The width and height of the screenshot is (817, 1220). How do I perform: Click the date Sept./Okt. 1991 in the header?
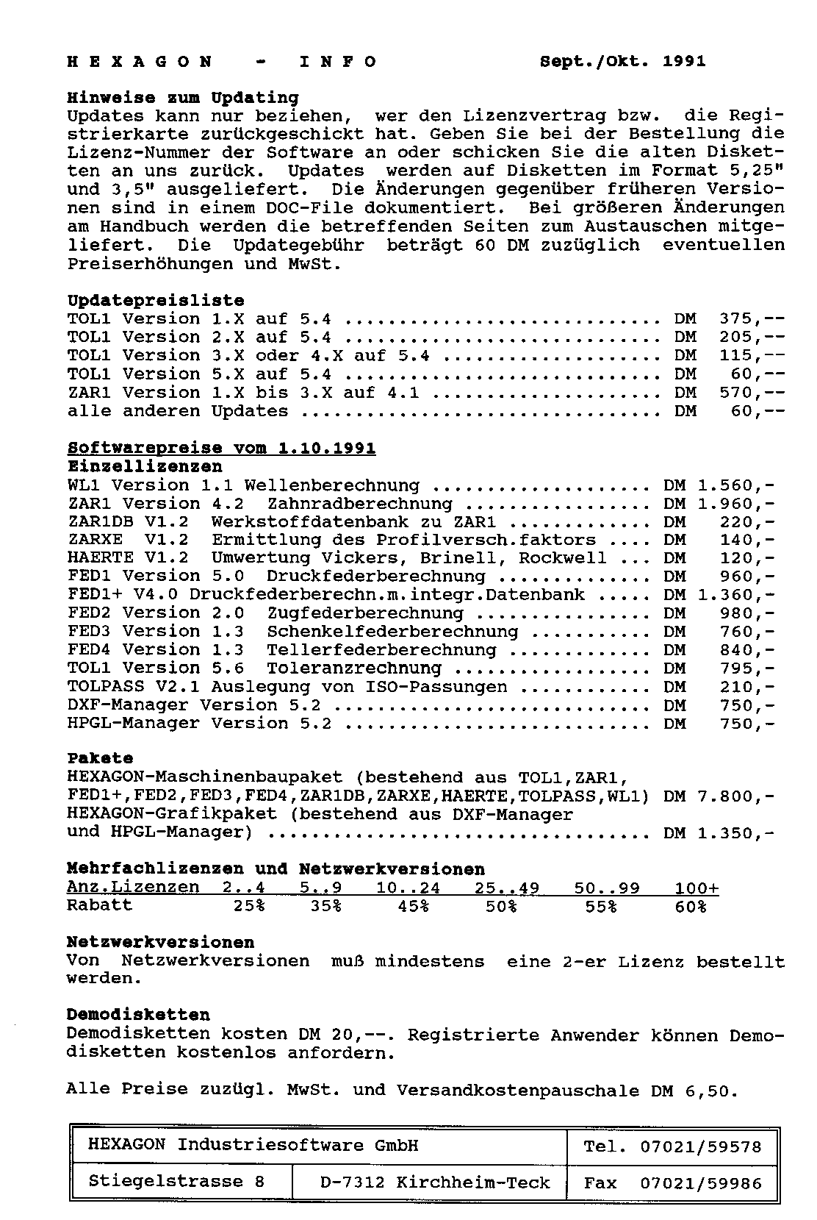tap(622, 62)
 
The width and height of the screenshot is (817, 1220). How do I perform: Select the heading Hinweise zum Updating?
tap(183, 98)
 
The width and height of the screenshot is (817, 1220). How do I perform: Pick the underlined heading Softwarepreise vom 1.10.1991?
tap(221, 449)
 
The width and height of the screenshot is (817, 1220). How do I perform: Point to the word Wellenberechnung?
tap(331, 485)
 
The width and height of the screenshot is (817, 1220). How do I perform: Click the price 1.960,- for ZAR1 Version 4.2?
tap(735, 504)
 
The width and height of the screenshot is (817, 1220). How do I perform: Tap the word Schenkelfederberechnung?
tap(392, 632)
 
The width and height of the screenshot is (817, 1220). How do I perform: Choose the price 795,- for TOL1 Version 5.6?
tap(746, 668)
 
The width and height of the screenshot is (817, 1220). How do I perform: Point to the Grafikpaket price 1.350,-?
tap(735, 833)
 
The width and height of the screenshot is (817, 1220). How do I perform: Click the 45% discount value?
tap(414, 906)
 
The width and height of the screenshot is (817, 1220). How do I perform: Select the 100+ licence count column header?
tap(697, 888)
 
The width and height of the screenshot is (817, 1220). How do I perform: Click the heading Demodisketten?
tap(138, 1015)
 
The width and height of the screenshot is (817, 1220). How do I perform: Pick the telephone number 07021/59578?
tap(701, 1146)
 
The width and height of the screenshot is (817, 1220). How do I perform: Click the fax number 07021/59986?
tap(701, 1184)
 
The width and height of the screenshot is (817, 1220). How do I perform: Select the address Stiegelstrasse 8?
tap(176, 1182)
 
